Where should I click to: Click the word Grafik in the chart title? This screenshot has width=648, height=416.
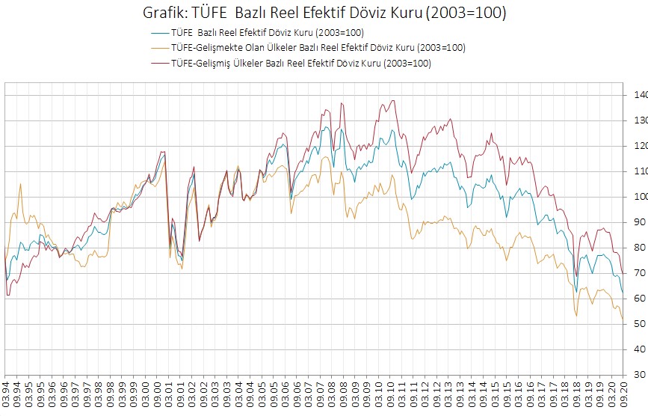click(x=161, y=13)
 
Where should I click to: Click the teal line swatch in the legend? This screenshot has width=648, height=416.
click(x=159, y=32)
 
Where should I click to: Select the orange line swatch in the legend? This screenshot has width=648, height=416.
click(x=159, y=48)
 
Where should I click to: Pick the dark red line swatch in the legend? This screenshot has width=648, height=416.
click(x=159, y=64)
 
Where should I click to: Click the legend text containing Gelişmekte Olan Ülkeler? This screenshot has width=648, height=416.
click(x=318, y=48)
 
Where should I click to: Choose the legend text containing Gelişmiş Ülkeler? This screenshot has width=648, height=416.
click(x=301, y=64)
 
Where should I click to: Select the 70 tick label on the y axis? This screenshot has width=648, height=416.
click(x=637, y=273)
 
